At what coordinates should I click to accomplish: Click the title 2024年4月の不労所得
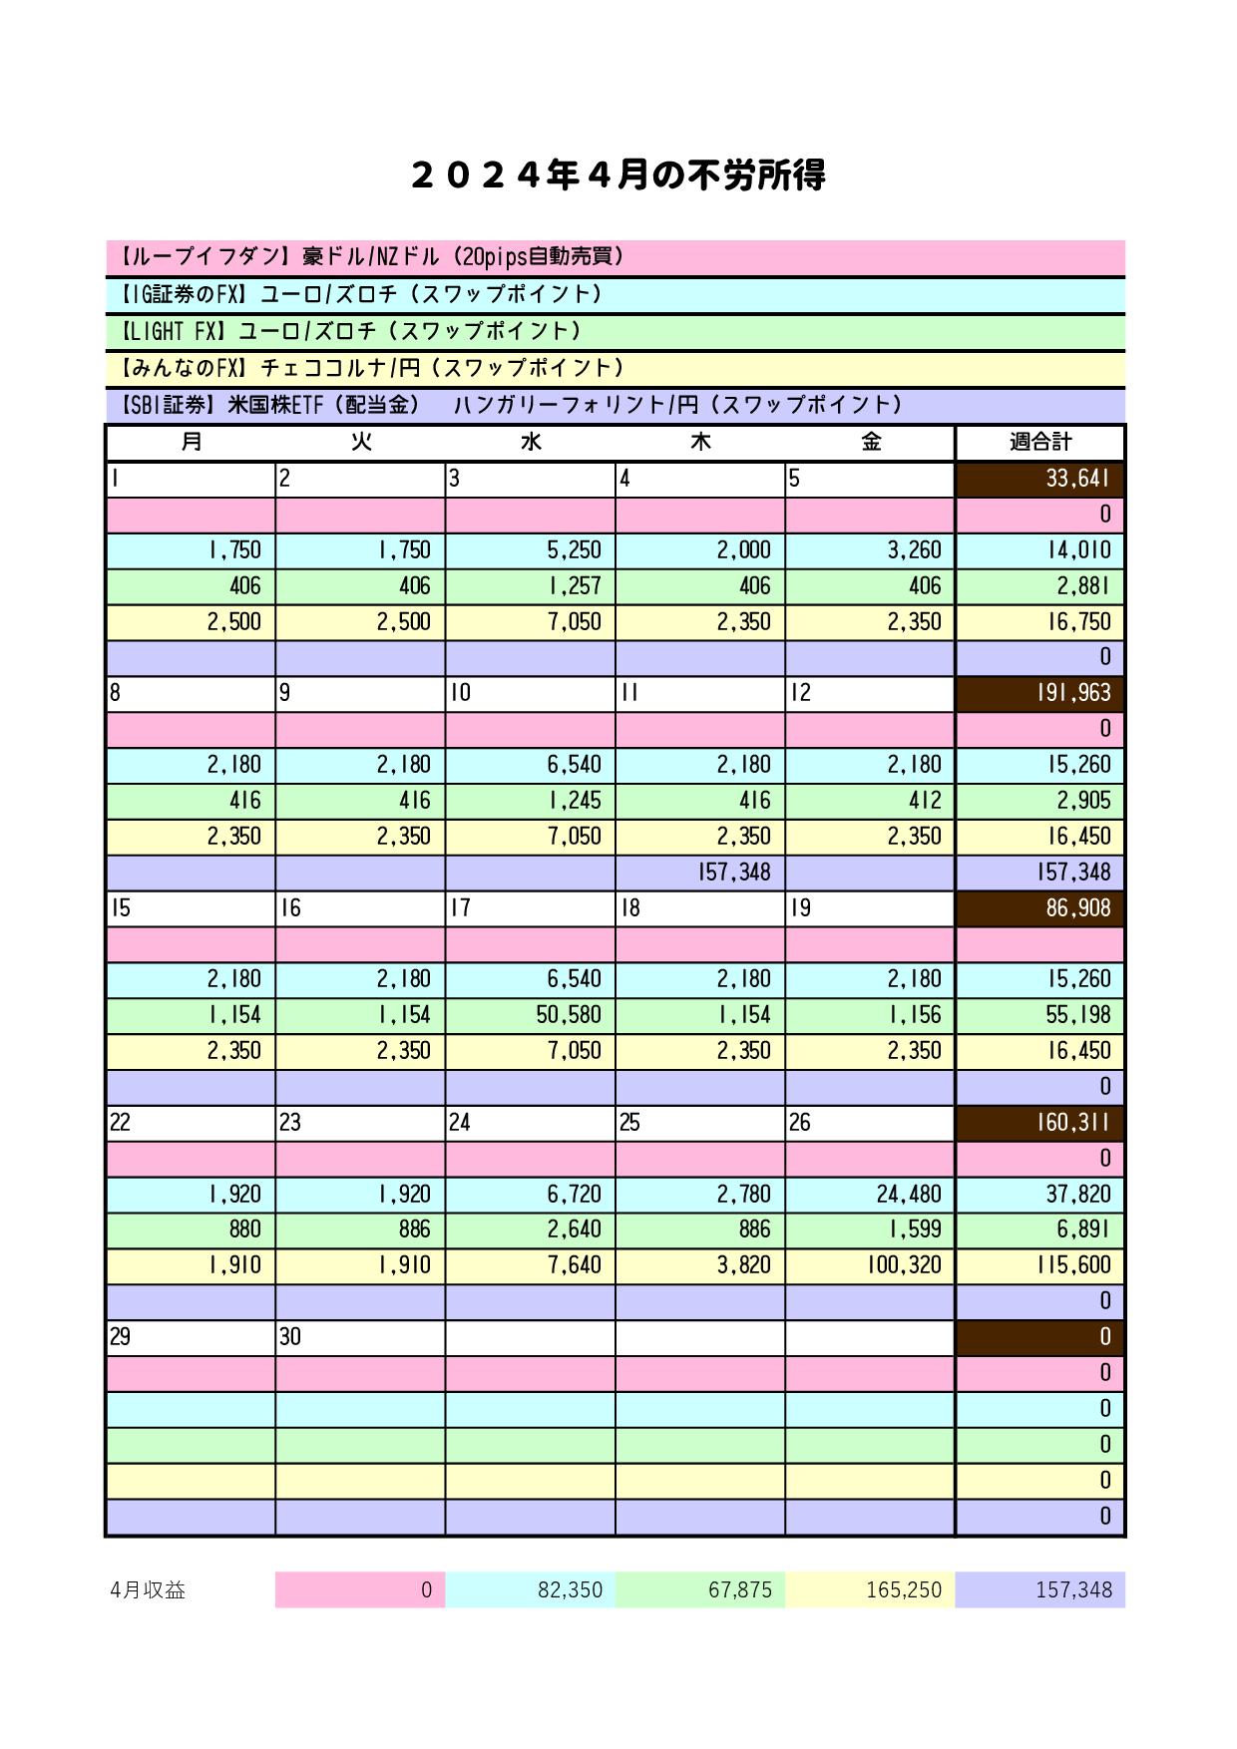tap(618, 175)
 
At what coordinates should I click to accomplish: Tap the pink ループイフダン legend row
tap(615, 257)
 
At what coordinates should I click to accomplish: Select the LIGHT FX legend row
tap(615, 331)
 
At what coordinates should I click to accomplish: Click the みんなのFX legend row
tap(615, 368)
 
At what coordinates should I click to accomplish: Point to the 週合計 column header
tap(1039, 442)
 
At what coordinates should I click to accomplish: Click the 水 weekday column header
tap(530, 442)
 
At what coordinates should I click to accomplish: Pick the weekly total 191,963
tap(1039, 693)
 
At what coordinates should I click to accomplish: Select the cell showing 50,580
tap(530, 1015)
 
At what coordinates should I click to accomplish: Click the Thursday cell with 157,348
tap(699, 873)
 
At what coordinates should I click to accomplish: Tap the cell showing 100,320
tap(870, 1265)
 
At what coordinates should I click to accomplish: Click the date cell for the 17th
tap(530, 908)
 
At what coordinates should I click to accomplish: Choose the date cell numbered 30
tap(360, 1337)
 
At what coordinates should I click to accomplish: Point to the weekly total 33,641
tap(1039, 479)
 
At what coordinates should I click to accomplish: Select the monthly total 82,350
tap(530, 1589)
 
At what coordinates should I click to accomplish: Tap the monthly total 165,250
tap(870, 1589)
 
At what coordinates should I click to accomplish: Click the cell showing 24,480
tap(870, 1194)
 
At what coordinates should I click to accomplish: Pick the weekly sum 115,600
tap(1039, 1265)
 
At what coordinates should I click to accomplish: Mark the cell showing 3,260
tap(870, 550)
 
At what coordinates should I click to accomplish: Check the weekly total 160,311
tap(1039, 1123)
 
